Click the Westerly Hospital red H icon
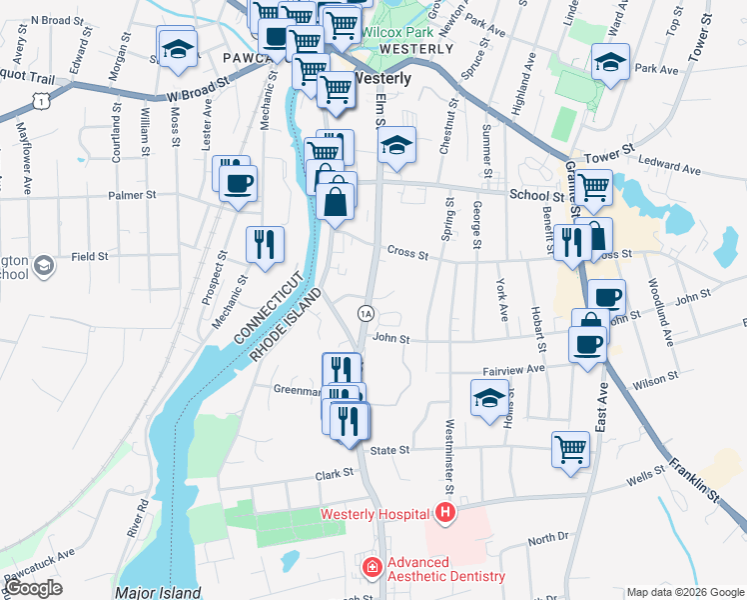(445, 514)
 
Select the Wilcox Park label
(391, 32)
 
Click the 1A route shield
(367, 314)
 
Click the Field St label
(89, 257)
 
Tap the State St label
(390, 451)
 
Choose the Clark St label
(336, 476)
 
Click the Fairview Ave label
(513, 369)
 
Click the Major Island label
(158, 592)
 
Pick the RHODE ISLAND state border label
(286, 327)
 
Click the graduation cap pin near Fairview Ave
(489, 398)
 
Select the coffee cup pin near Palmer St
(239, 183)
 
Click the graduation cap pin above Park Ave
(609, 63)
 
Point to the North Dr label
(547, 538)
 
